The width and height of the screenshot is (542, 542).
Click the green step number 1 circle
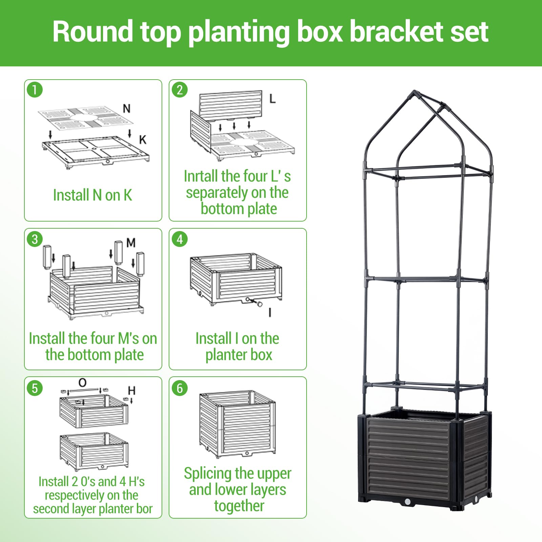pyautogui.click(x=35, y=90)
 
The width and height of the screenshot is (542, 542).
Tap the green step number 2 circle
pyautogui.click(x=180, y=90)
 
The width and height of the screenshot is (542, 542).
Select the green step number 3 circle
pyautogui.click(x=35, y=239)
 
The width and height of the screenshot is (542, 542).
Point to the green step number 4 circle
pyautogui.click(x=180, y=239)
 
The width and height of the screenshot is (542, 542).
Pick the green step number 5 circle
pyautogui.click(x=35, y=388)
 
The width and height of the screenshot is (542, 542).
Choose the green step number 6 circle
pyautogui.click(x=180, y=388)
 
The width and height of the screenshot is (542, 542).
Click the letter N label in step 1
pyautogui.click(x=127, y=109)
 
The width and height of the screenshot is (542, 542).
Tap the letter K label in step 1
pyautogui.click(x=143, y=140)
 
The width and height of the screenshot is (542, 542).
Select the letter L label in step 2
pyautogui.click(x=272, y=99)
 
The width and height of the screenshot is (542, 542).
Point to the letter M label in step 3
pyautogui.click(x=131, y=243)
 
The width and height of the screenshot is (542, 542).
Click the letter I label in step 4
pyautogui.click(x=270, y=312)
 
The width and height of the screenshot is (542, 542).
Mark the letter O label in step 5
pyautogui.click(x=82, y=383)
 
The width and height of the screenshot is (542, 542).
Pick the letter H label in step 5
pyautogui.click(x=132, y=391)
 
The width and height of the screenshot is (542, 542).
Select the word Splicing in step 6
pyautogui.click(x=209, y=474)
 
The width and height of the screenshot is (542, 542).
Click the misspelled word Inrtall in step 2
pyautogui.click(x=200, y=176)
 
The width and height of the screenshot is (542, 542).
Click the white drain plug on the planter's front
pyautogui.click(x=408, y=501)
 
